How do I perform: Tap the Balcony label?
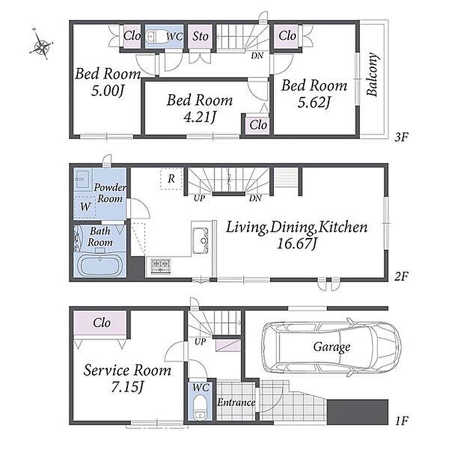click(x=373, y=74)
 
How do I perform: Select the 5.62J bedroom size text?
click(x=314, y=102)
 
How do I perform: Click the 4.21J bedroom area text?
click(x=200, y=117)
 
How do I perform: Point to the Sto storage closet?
click(x=200, y=36)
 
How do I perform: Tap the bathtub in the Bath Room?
click(x=100, y=264)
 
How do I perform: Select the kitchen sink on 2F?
click(x=200, y=240)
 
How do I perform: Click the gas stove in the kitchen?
click(x=161, y=266)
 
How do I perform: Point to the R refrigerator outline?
click(x=171, y=178)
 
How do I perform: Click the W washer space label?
click(x=85, y=206)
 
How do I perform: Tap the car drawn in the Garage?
click(x=332, y=347)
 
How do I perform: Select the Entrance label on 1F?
click(x=236, y=402)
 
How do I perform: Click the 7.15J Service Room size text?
click(x=127, y=387)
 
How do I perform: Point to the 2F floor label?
click(x=401, y=277)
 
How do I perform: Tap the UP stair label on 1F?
click(x=200, y=341)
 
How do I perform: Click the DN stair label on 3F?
click(x=257, y=56)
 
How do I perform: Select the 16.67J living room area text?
click(x=297, y=244)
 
